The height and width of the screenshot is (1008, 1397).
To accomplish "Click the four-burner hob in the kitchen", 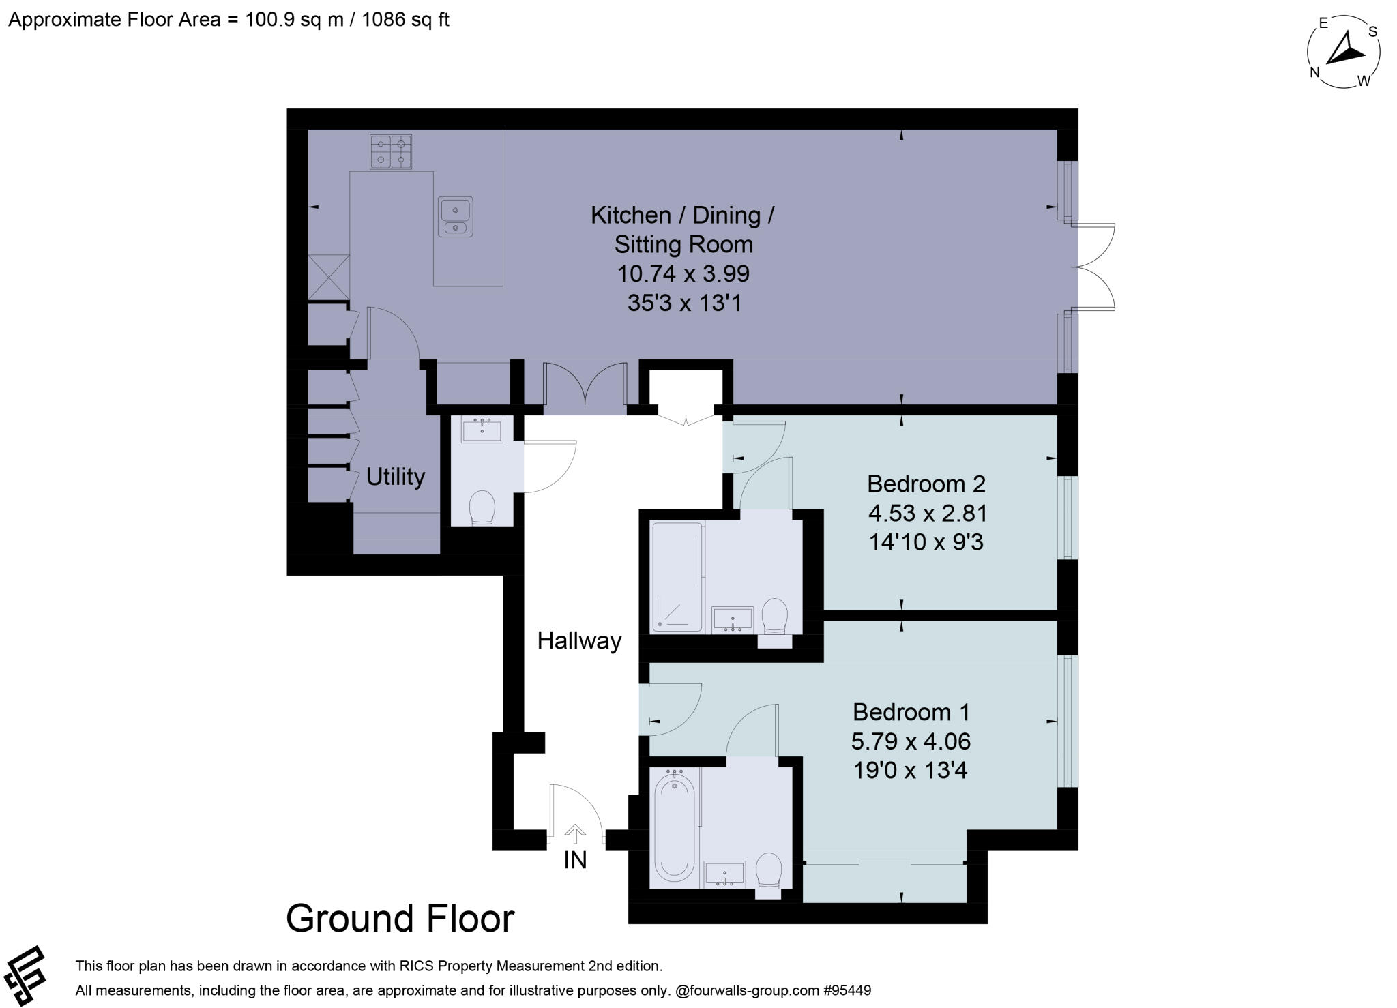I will [391, 152].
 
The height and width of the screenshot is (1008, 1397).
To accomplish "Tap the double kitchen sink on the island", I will [455, 216].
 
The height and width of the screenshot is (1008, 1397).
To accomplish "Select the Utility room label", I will [395, 476].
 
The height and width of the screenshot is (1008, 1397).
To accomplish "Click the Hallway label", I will [579, 641].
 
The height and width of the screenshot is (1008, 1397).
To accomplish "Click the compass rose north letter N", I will [1314, 73].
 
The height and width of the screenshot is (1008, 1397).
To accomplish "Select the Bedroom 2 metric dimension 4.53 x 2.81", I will [928, 512].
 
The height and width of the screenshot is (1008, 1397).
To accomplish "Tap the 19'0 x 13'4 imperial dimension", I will [910, 771].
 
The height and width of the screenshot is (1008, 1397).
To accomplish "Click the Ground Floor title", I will [400, 918].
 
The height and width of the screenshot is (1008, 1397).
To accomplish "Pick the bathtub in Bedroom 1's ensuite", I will [674, 828].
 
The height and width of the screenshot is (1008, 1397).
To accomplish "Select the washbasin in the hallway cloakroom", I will [482, 431].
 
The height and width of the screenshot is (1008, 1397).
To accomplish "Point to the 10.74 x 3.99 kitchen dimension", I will [683, 273].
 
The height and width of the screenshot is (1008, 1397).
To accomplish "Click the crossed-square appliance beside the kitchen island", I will [328, 277].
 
